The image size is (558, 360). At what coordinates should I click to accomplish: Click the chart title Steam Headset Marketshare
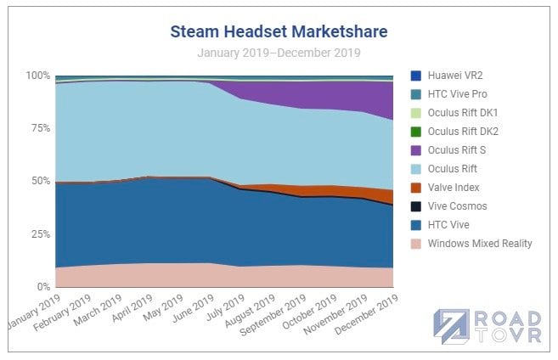point(279,32)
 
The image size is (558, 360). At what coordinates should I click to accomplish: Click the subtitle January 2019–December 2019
point(279,53)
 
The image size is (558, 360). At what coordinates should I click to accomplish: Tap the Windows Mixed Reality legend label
point(480,244)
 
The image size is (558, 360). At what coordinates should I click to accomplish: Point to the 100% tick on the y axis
point(38,76)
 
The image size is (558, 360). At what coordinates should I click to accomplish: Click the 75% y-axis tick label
point(41,128)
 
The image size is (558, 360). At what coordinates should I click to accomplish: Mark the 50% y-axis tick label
point(41,181)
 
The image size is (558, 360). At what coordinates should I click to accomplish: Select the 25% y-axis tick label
point(41,234)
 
